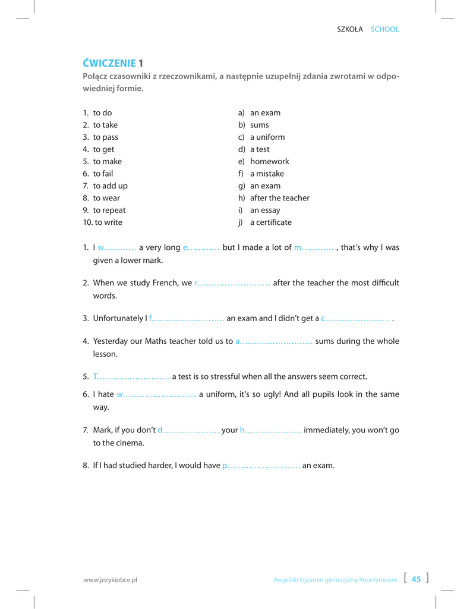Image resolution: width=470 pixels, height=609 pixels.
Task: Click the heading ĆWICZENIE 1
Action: (x=113, y=62)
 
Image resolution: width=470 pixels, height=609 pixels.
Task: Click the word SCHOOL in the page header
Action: (x=384, y=29)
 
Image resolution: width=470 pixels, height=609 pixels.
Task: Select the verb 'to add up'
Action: (x=110, y=186)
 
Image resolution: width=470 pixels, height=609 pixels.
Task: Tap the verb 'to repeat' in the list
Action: (x=109, y=210)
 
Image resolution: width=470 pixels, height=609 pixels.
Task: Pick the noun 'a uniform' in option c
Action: (x=267, y=137)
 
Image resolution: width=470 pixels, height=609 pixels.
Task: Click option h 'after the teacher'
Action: (x=279, y=197)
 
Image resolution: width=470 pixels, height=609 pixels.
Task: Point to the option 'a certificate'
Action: (x=270, y=222)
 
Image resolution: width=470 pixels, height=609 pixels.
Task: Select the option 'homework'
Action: (x=269, y=161)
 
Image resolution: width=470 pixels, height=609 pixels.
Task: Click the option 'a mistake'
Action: (x=267, y=174)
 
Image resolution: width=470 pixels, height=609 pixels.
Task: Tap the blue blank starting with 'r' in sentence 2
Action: (x=232, y=283)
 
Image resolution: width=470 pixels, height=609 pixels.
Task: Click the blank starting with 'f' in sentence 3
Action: (x=186, y=319)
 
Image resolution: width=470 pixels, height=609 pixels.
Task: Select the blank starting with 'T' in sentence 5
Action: (x=131, y=376)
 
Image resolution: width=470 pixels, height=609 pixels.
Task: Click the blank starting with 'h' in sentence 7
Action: (x=270, y=431)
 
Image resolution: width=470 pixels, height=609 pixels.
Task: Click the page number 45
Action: (x=416, y=579)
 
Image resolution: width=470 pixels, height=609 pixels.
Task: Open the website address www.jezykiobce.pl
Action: (x=110, y=580)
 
